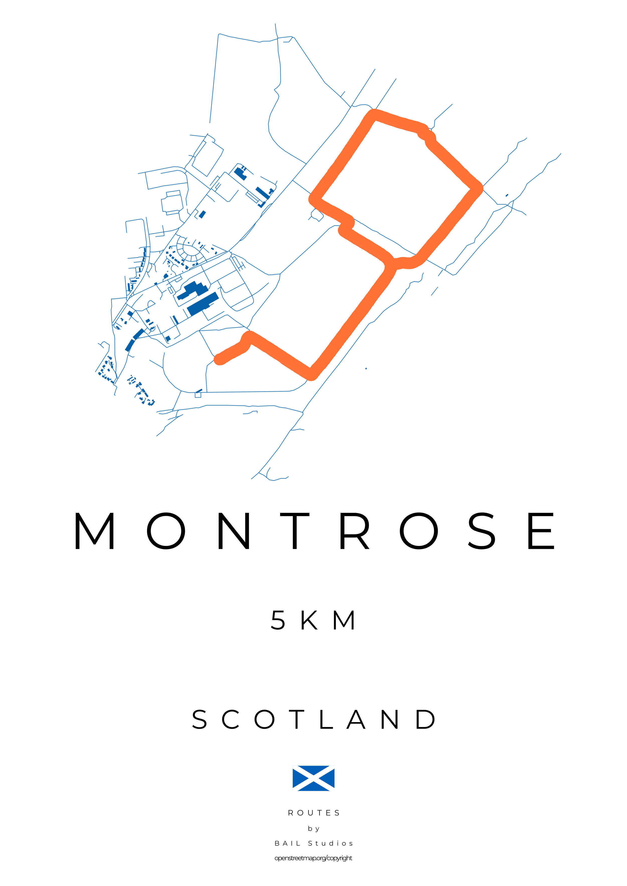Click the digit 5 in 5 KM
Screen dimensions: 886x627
click(x=278, y=621)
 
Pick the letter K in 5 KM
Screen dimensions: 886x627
click(x=310, y=621)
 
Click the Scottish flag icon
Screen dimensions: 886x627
click(x=314, y=778)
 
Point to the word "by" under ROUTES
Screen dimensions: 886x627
click(x=314, y=829)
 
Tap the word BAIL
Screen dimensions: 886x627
click(x=288, y=844)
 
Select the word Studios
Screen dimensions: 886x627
click(x=331, y=844)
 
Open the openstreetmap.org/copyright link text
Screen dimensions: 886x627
click(x=314, y=858)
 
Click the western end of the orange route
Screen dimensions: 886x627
click(x=219, y=360)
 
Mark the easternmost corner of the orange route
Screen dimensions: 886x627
click(x=478, y=189)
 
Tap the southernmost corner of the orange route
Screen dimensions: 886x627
click(x=311, y=374)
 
